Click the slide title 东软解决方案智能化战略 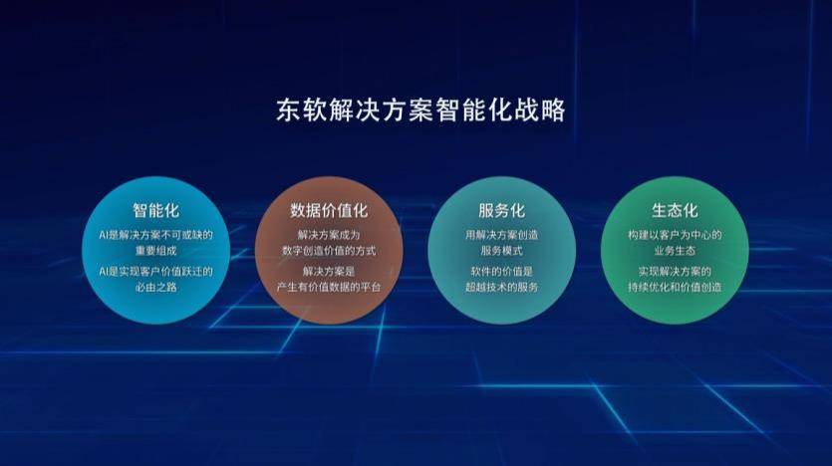pos(420,111)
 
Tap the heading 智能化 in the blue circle pos(156,210)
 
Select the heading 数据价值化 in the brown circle pos(329,210)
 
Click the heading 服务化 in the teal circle pos(501,210)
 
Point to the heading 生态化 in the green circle pos(675,210)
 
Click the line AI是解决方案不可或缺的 pos(156,235)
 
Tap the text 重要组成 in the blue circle pos(156,251)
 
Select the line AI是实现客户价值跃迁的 pos(156,272)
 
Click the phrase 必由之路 pos(156,288)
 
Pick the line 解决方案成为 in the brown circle pos(329,235)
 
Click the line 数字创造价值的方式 pos(329,251)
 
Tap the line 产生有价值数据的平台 pos(329,288)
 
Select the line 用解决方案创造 pos(501,235)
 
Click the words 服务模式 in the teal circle pos(501,251)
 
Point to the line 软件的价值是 pos(501,272)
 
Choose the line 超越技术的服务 pos(501,288)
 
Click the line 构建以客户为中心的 pos(675,235)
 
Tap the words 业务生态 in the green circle pos(675,251)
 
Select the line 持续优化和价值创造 pos(675,288)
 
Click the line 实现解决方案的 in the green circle pos(675,272)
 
